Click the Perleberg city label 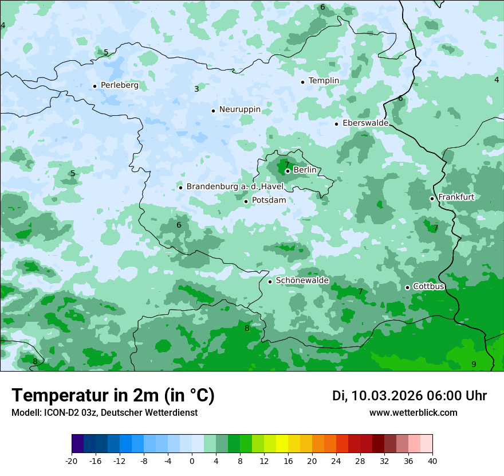coord(119,85)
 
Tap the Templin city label coord(324,81)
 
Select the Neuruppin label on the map coord(239,110)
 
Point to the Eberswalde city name coord(365,123)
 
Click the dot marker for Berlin coord(288,171)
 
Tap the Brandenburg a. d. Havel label coord(235,187)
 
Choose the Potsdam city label coord(269,201)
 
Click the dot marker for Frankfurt coord(432,198)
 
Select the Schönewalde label coord(302,281)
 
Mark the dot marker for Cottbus coord(407,287)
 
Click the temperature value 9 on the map coord(474,364)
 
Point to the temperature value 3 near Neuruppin coord(196,89)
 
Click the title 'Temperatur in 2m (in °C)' coord(113,396)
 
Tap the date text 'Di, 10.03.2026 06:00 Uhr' coord(409,396)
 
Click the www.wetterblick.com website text coord(413,413)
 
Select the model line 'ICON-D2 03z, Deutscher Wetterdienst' coord(104,413)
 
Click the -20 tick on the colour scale coord(72,461)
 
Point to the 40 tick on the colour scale coord(432,461)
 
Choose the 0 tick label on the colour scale coord(192,461)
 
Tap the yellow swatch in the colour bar coord(282,444)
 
